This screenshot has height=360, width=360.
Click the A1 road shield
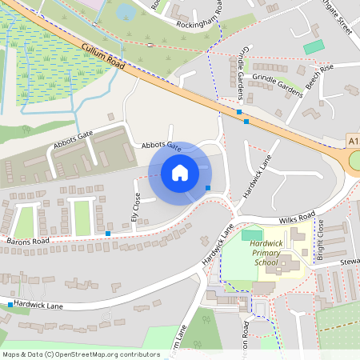354,141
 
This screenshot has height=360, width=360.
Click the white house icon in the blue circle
180,172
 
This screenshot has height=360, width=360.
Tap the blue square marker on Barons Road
108,233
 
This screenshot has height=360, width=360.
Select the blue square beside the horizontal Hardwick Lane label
10,305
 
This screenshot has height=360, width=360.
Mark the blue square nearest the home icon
208,187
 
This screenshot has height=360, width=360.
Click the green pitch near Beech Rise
314,47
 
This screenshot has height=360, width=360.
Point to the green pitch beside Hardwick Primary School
250,235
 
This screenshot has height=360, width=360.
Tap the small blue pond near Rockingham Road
126,12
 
